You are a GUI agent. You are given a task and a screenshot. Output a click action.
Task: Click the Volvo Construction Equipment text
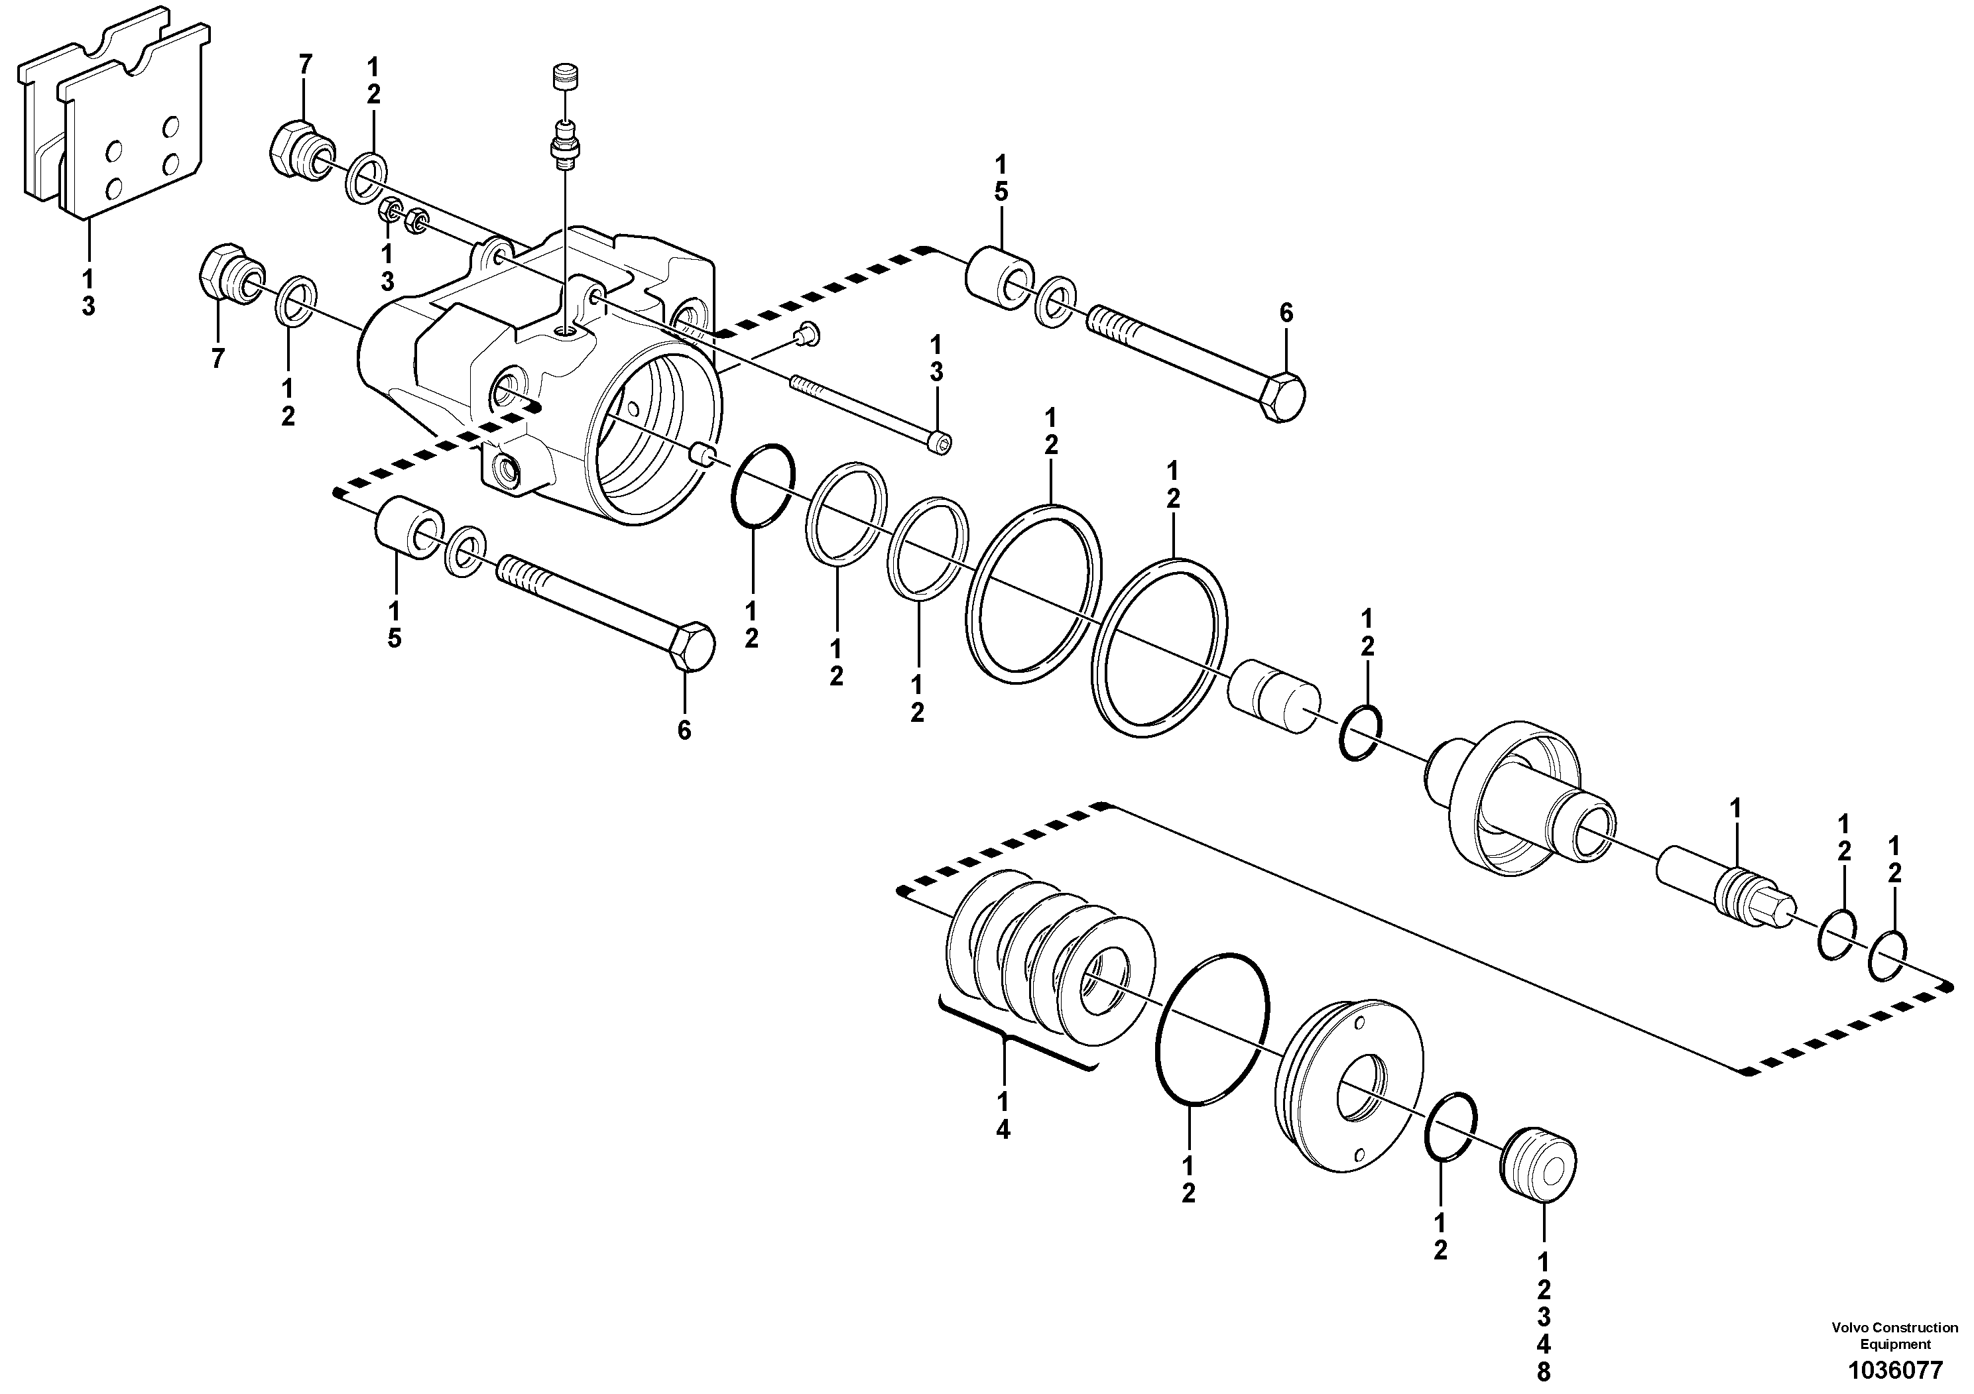[x=1894, y=1336]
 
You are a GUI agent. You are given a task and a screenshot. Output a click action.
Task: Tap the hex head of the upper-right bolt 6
[x=1281, y=397]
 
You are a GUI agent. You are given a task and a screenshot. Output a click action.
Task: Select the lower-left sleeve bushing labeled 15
[x=408, y=527]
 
